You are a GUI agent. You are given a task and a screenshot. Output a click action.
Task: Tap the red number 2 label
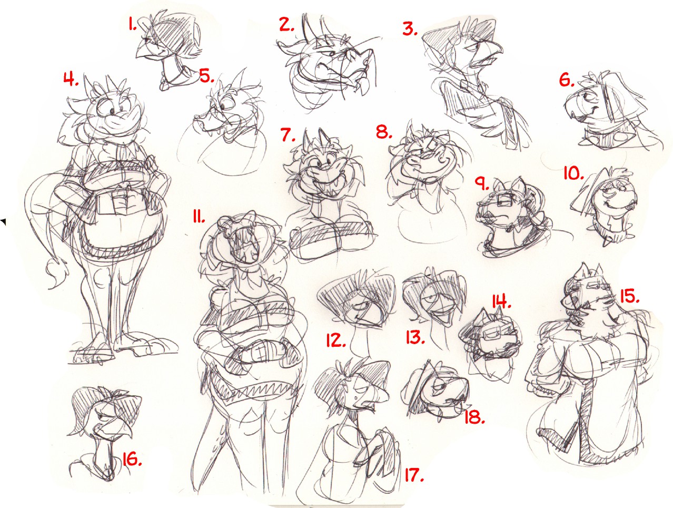point(286,24)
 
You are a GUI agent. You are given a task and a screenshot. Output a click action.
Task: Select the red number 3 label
point(410,29)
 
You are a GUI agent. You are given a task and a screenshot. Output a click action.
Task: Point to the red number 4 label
point(71,79)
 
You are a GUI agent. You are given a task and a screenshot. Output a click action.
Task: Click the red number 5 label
point(207,76)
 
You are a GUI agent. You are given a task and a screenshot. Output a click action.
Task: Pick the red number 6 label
point(567,80)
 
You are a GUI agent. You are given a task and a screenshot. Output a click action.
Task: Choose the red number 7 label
point(288,135)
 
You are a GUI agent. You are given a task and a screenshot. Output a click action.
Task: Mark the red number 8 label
point(384,132)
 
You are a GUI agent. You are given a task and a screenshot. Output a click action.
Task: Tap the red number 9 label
point(481,184)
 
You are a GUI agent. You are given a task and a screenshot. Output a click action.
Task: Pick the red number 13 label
point(415,337)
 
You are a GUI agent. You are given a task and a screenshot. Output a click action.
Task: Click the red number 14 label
point(501,301)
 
